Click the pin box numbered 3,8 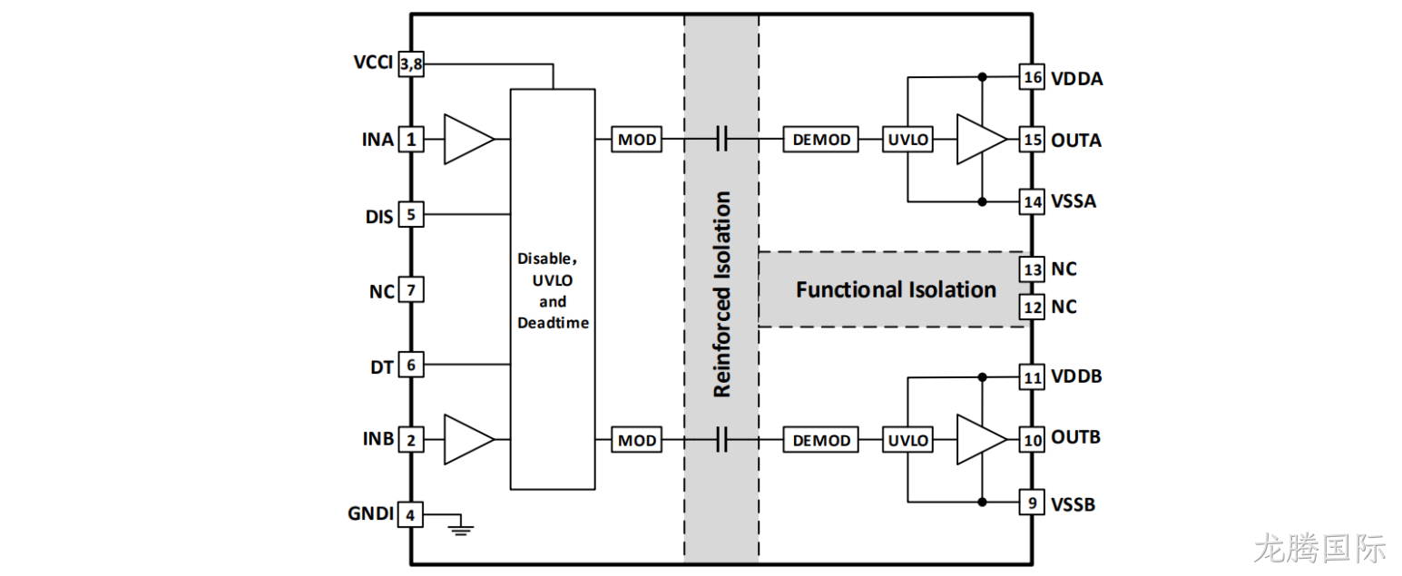[x=411, y=63]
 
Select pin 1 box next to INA [x=411, y=139]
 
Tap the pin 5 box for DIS [x=411, y=214]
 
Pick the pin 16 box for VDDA [x=1032, y=77]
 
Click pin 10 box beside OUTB [x=1032, y=440]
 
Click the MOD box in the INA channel [x=636, y=139]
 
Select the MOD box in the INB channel [x=636, y=440]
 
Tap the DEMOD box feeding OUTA [x=820, y=139]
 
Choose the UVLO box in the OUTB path [x=907, y=440]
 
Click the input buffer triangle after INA [x=469, y=139]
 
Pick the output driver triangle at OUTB [x=982, y=440]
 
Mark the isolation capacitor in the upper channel [x=721, y=139]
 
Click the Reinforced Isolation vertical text [x=721, y=294]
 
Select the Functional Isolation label [x=896, y=289]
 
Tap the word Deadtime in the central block [x=553, y=323]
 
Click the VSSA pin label [x=1073, y=201]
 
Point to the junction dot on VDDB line [x=982, y=377]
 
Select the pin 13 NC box [x=1032, y=269]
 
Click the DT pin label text [x=381, y=367]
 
